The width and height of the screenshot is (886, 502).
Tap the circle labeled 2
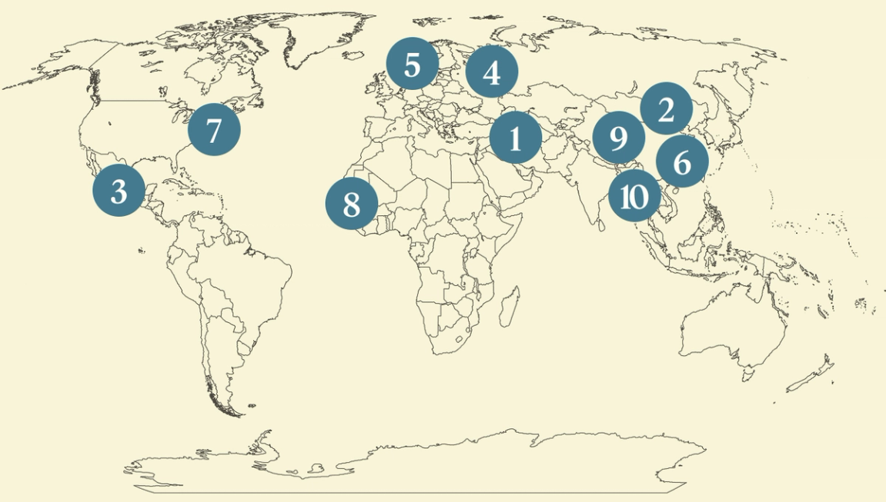666,109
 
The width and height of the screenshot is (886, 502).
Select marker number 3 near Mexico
119,191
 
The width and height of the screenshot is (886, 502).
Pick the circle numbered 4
491,72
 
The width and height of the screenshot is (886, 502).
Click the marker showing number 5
412,65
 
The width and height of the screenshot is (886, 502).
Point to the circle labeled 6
682,162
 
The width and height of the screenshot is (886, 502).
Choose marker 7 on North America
213,129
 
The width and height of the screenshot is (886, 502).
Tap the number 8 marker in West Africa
351,204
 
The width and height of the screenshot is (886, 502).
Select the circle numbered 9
618,138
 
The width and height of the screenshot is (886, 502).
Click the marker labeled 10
634,196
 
